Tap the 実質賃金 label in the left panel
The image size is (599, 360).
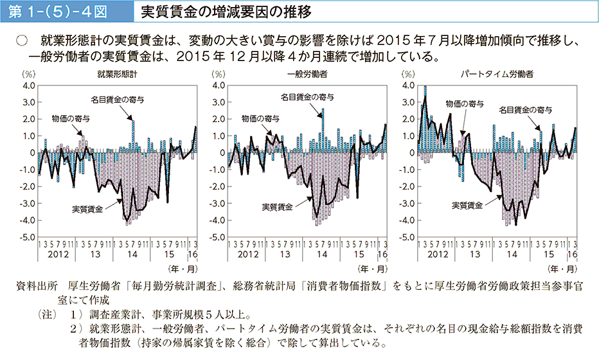tap(87, 209)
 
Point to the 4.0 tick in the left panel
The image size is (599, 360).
tap(28, 85)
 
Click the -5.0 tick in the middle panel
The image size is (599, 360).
tap(216, 237)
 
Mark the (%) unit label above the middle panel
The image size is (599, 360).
tap(218, 75)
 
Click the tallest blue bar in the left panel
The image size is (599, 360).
tap(133, 136)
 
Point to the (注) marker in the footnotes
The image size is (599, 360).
tap(47, 316)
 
